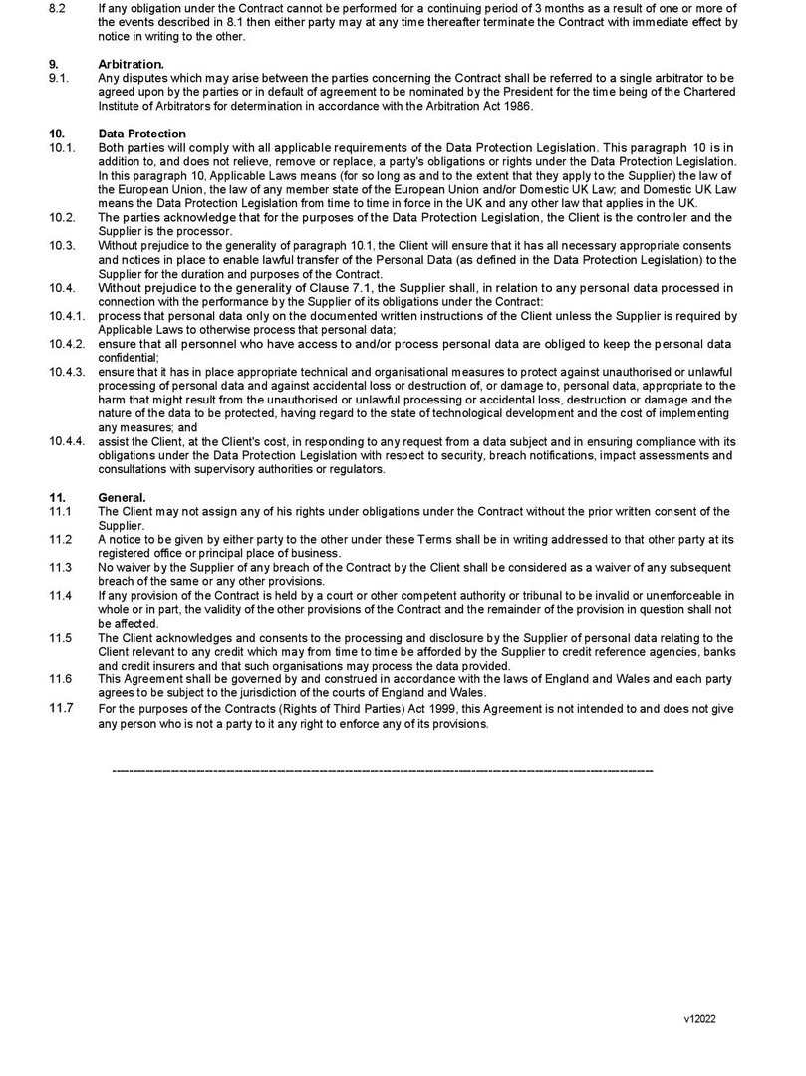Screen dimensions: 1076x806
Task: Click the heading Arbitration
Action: point(125,63)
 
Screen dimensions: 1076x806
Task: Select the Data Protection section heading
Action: point(141,134)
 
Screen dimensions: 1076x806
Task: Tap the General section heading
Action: point(123,497)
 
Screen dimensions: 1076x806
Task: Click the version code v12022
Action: point(699,1019)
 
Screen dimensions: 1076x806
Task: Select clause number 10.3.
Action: point(62,245)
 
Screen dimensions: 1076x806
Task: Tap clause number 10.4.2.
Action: point(67,343)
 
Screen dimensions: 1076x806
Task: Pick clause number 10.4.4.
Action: point(67,441)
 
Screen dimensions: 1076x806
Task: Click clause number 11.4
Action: point(60,595)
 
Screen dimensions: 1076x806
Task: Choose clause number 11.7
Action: point(60,708)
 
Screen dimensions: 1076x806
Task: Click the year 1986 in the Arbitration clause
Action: point(518,106)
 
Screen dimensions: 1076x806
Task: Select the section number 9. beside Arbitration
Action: point(53,63)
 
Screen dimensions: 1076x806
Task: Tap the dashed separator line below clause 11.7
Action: point(383,770)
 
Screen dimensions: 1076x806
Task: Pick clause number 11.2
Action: point(60,539)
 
